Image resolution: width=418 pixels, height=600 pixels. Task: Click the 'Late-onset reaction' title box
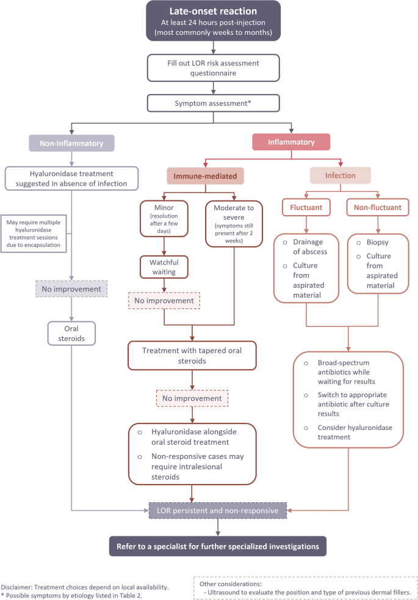click(214, 21)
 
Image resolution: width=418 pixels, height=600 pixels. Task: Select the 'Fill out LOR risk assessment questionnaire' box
click(214, 67)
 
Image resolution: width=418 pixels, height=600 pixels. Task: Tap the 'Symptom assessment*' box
click(214, 103)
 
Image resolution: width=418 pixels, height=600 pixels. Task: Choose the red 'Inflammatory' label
click(291, 142)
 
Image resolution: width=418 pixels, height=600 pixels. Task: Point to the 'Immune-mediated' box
click(206, 176)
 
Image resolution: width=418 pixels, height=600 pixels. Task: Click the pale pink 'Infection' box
click(340, 176)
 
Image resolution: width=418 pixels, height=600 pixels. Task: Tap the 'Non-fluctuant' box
click(378, 208)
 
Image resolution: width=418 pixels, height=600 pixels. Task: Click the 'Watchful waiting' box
click(162, 266)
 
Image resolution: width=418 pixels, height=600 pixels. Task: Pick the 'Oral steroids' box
click(71, 332)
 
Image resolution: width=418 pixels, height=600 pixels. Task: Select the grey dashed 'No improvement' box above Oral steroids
click(71, 290)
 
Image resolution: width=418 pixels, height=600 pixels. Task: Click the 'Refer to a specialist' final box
click(218, 544)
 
